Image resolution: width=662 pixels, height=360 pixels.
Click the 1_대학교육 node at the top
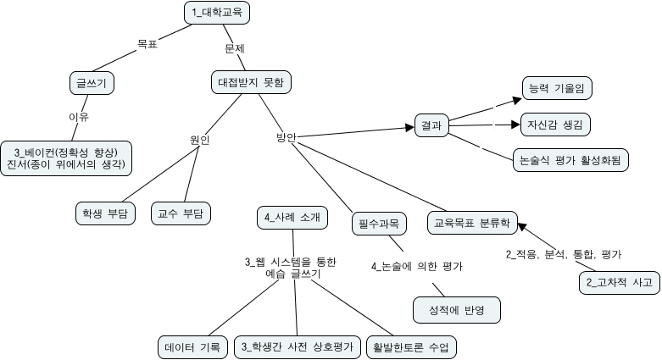[217, 12]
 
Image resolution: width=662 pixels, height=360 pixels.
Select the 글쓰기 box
[92, 82]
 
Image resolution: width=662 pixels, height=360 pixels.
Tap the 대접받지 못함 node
[251, 82]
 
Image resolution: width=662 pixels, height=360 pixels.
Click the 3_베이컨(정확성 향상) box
[70, 158]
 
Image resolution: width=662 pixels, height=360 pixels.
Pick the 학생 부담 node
[105, 213]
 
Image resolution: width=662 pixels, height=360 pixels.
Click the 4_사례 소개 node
[292, 217]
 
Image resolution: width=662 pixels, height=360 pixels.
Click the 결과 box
[431, 125]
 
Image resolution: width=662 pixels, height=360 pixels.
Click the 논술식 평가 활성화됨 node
[571, 159]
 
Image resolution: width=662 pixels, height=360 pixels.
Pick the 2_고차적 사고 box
[618, 282]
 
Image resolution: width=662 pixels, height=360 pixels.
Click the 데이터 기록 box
[192, 347]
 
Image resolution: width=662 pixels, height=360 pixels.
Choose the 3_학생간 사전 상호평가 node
[296, 347]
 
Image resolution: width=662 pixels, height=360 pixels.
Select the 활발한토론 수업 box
[410, 347]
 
